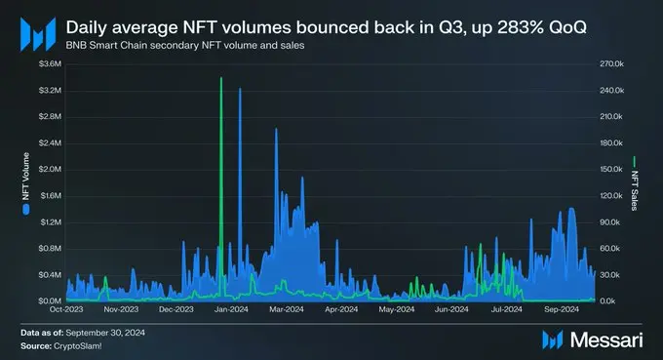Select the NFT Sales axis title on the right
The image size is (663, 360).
click(634, 183)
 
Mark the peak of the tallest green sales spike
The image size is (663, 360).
click(221, 77)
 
